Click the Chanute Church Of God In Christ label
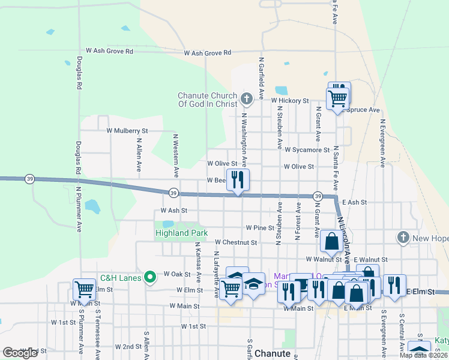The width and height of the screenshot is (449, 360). point(208,101)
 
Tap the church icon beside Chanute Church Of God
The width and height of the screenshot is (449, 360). point(246,98)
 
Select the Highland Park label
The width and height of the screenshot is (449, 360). point(181,233)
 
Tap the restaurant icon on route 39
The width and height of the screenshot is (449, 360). point(238,179)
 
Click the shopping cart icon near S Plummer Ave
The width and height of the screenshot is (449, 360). point(84,289)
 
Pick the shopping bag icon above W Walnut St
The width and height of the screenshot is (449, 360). point(331,241)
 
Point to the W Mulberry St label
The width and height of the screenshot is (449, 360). point(127,130)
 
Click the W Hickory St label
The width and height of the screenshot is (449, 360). point(289,101)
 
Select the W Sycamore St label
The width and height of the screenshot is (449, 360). point(307,150)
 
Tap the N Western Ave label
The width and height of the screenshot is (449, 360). point(176,155)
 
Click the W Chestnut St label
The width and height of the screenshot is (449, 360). point(235,243)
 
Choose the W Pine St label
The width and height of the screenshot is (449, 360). point(260,228)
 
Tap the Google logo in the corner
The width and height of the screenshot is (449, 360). point(20,352)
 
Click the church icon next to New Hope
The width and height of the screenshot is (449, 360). point(403,238)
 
